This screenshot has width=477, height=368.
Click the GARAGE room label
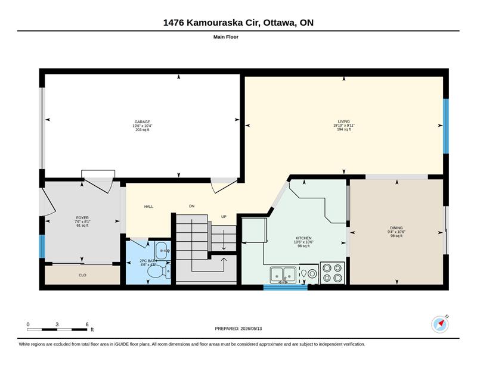(143, 122)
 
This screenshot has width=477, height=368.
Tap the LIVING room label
(344, 121)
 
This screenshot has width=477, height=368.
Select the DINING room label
(397, 228)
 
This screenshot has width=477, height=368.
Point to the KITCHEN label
(303, 238)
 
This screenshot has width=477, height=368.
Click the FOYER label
(82, 218)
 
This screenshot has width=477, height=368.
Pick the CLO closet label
(82, 275)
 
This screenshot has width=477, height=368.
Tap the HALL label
(148, 207)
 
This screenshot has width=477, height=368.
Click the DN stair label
(191, 206)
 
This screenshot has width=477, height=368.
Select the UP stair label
(224, 217)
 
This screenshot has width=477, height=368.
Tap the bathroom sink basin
(163, 251)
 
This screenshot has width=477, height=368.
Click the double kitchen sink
(283, 275)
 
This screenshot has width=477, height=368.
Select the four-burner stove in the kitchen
(332, 273)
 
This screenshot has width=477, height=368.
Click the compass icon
(440, 325)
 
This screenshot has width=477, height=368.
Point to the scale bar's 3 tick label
(57, 325)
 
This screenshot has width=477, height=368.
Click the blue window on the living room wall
(445, 126)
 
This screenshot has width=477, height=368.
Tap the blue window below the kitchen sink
(286, 287)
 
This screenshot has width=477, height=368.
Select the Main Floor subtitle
(226, 37)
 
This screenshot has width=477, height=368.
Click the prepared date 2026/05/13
(251, 329)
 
